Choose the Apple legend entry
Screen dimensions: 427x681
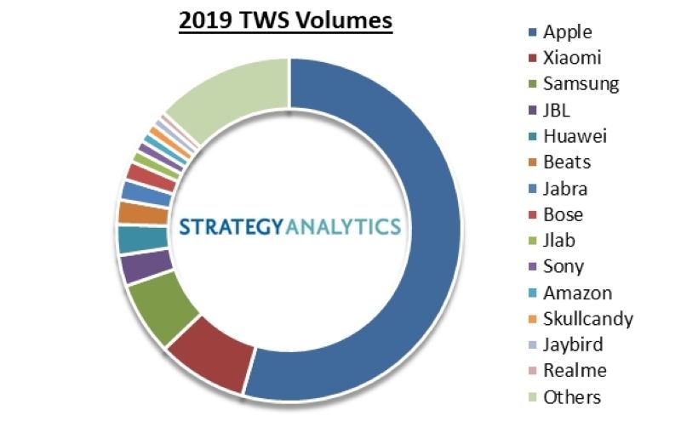point(567,32)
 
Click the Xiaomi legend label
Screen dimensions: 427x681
point(573,59)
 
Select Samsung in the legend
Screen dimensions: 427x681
point(581,84)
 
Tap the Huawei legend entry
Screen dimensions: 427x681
point(575,136)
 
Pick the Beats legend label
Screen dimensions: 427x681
point(567,162)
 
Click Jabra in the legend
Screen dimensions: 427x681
point(565,189)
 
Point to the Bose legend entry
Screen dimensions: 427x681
point(563,214)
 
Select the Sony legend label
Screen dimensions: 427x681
point(564,266)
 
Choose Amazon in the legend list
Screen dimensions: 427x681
point(577,293)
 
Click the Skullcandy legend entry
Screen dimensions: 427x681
point(587,319)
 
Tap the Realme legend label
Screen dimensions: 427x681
point(575,371)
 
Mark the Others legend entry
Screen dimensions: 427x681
point(572,397)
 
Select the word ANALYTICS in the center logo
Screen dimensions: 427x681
point(340,227)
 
